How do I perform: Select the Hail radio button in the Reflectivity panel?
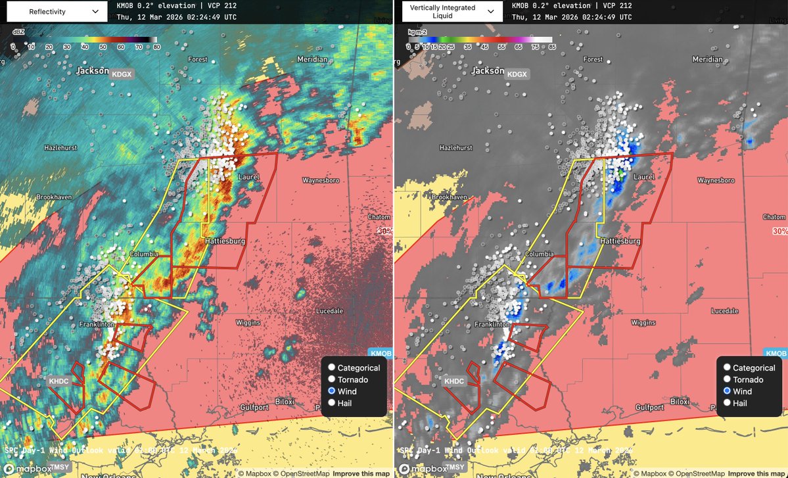(x=332, y=402)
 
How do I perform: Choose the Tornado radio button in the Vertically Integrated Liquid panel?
(x=727, y=379)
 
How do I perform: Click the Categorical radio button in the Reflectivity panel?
(x=332, y=368)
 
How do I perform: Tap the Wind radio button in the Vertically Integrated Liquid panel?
(x=727, y=391)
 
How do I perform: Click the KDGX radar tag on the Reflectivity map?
(x=122, y=75)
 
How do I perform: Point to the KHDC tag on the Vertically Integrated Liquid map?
(x=453, y=381)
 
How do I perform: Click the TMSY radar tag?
(x=60, y=466)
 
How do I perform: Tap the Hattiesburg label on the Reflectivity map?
(x=225, y=241)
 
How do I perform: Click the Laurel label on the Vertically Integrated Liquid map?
(x=644, y=177)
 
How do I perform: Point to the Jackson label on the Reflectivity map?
(x=92, y=70)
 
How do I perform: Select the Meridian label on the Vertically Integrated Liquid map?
(x=707, y=59)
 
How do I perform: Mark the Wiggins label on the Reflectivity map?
(x=248, y=323)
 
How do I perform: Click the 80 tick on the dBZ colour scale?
(x=156, y=47)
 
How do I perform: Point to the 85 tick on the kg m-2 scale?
(x=551, y=47)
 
